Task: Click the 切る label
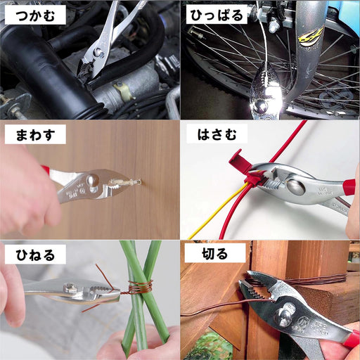[x=205, y=253]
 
